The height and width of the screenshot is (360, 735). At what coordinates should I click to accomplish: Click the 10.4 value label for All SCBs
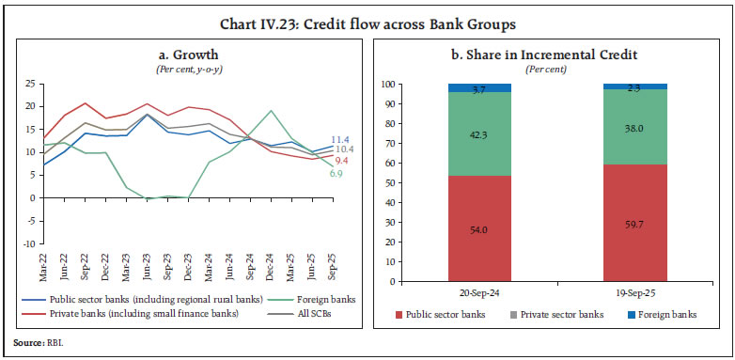tap(345, 150)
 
